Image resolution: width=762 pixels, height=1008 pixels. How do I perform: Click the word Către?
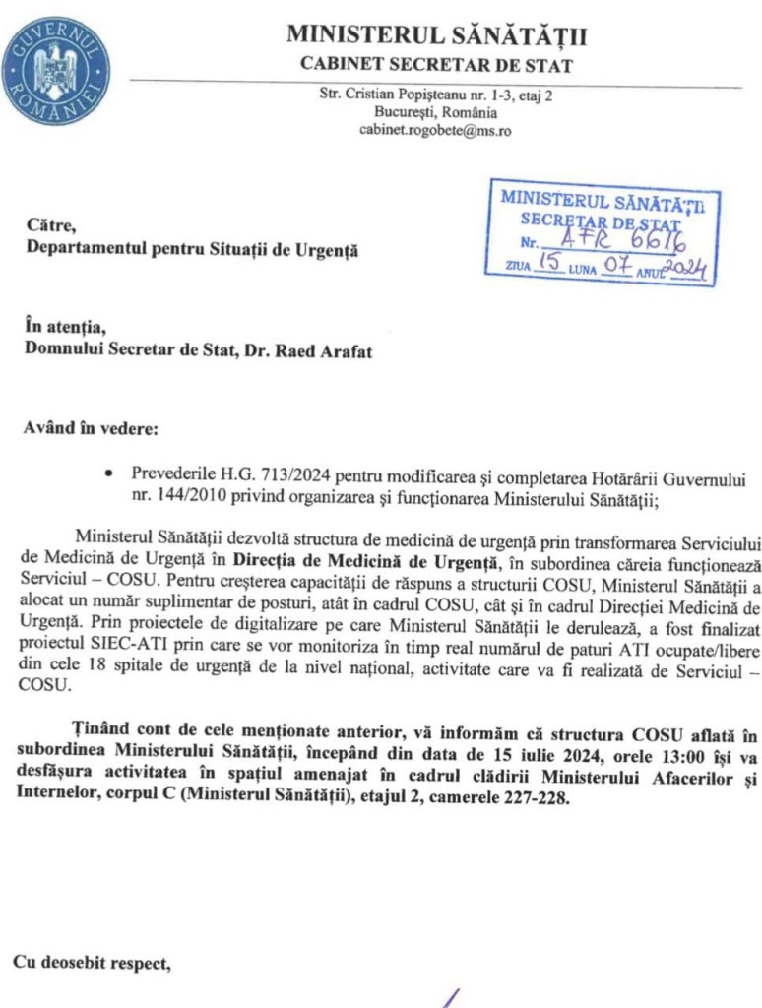(51, 226)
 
